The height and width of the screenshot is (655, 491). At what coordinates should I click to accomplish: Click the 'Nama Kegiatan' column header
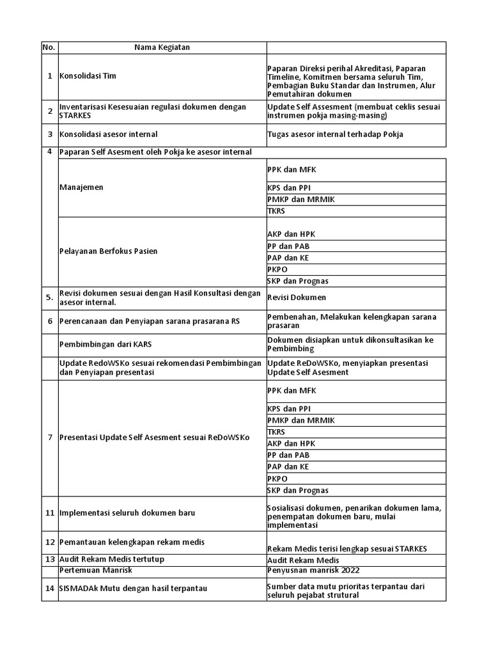[x=162, y=47]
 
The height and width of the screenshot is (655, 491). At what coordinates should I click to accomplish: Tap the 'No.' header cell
[x=49, y=47]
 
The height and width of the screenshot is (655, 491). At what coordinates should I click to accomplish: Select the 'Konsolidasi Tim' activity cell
[x=88, y=76]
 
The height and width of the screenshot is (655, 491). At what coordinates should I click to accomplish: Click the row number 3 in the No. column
[x=49, y=134]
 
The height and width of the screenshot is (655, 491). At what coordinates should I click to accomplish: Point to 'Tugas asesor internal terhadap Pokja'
[x=335, y=134]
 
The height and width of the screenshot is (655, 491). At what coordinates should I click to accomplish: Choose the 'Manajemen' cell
[x=81, y=187]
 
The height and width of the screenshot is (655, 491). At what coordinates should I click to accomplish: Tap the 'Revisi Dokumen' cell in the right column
[x=297, y=297]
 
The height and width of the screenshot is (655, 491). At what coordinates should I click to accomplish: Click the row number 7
[x=49, y=438]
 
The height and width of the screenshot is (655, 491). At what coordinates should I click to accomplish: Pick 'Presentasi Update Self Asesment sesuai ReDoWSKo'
[x=154, y=438]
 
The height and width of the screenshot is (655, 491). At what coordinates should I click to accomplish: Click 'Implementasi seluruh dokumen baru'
[x=127, y=513]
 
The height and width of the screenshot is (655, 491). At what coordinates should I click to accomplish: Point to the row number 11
[x=49, y=513]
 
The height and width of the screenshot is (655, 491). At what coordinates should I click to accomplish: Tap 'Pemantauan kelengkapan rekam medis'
[x=132, y=542]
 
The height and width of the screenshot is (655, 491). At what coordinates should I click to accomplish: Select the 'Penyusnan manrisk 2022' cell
[x=309, y=570]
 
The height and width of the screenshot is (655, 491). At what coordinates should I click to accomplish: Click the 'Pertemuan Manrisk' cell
[x=95, y=570]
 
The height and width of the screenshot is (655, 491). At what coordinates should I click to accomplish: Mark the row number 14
[x=49, y=588]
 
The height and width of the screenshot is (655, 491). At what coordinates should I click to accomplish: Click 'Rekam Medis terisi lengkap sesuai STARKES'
[x=347, y=549]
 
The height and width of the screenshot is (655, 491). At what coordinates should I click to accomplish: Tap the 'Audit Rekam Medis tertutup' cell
[x=112, y=560]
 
